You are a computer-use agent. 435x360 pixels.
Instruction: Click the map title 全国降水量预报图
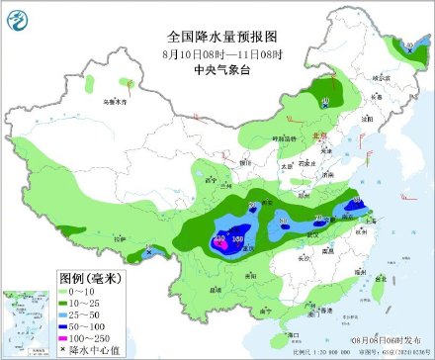click(217, 36)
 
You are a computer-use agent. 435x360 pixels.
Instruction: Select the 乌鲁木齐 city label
click(117, 100)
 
